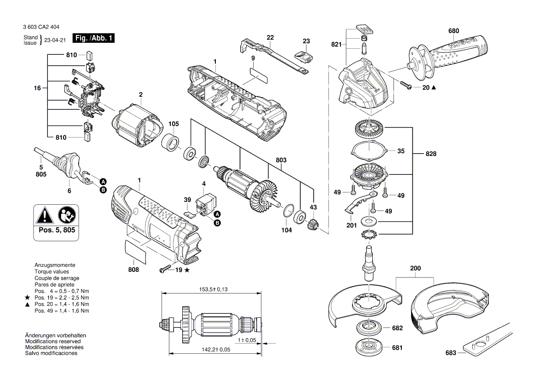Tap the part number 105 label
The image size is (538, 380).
click(x=173, y=124)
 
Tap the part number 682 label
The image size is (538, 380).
click(x=397, y=328)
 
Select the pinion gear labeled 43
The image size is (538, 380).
click(x=313, y=225)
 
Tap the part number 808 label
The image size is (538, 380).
click(x=133, y=270)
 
